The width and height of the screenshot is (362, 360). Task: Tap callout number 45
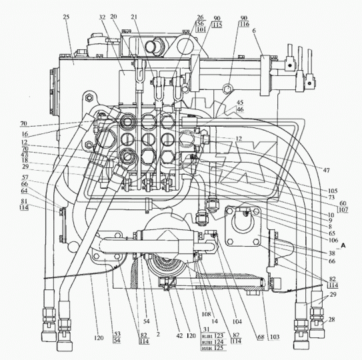pyautogui.click(x=239, y=103)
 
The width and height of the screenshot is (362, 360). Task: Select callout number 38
pyautogui.click(x=313, y=254)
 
